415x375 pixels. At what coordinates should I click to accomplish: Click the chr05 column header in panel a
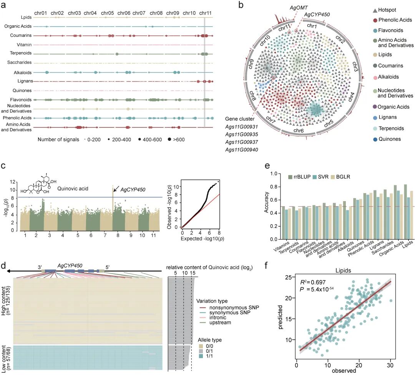point(107,13)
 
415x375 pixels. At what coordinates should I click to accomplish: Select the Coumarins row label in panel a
point(21,35)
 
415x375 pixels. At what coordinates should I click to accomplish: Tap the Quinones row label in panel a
point(22,91)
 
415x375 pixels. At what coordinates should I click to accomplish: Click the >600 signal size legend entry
point(176,139)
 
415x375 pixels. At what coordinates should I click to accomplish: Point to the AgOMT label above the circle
point(299,8)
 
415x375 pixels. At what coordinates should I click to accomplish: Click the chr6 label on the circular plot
point(298,131)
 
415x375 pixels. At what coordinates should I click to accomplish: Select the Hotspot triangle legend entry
point(384,10)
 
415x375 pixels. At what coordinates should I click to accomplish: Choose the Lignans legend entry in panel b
point(385,117)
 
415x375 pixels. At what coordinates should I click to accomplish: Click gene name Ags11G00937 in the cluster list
point(241,142)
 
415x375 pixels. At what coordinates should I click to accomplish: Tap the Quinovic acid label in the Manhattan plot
point(73,188)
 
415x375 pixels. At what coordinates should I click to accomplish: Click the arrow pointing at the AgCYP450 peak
point(116,188)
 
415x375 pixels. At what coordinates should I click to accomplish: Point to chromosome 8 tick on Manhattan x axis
point(118,235)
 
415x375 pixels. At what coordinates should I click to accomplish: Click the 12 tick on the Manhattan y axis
point(12,182)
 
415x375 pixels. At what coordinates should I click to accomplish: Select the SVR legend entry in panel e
point(320,177)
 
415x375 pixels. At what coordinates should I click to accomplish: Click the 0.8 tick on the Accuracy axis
point(274,187)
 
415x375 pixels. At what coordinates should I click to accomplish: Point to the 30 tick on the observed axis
point(390,365)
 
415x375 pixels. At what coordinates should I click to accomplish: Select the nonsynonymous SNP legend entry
point(229,307)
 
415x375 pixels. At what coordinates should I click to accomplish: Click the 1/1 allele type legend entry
point(206,356)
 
